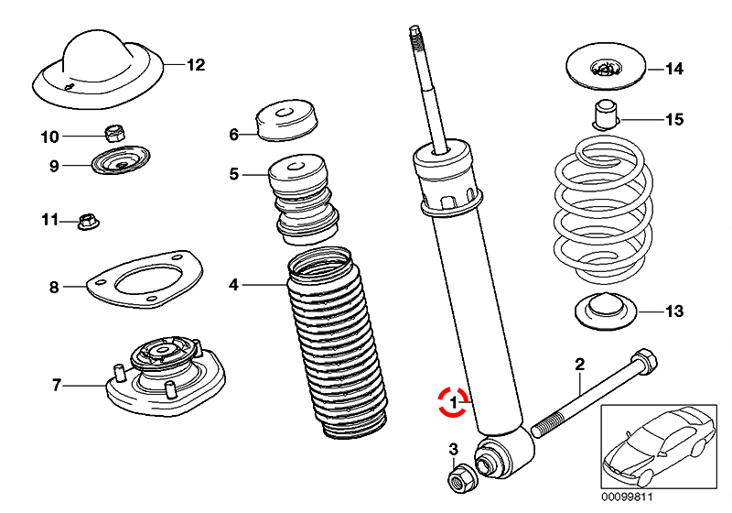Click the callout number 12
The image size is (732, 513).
click(196, 65)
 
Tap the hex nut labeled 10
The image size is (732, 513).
click(115, 133)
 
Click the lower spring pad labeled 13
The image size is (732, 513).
click(606, 313)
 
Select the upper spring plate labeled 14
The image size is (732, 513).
click(604, 68)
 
